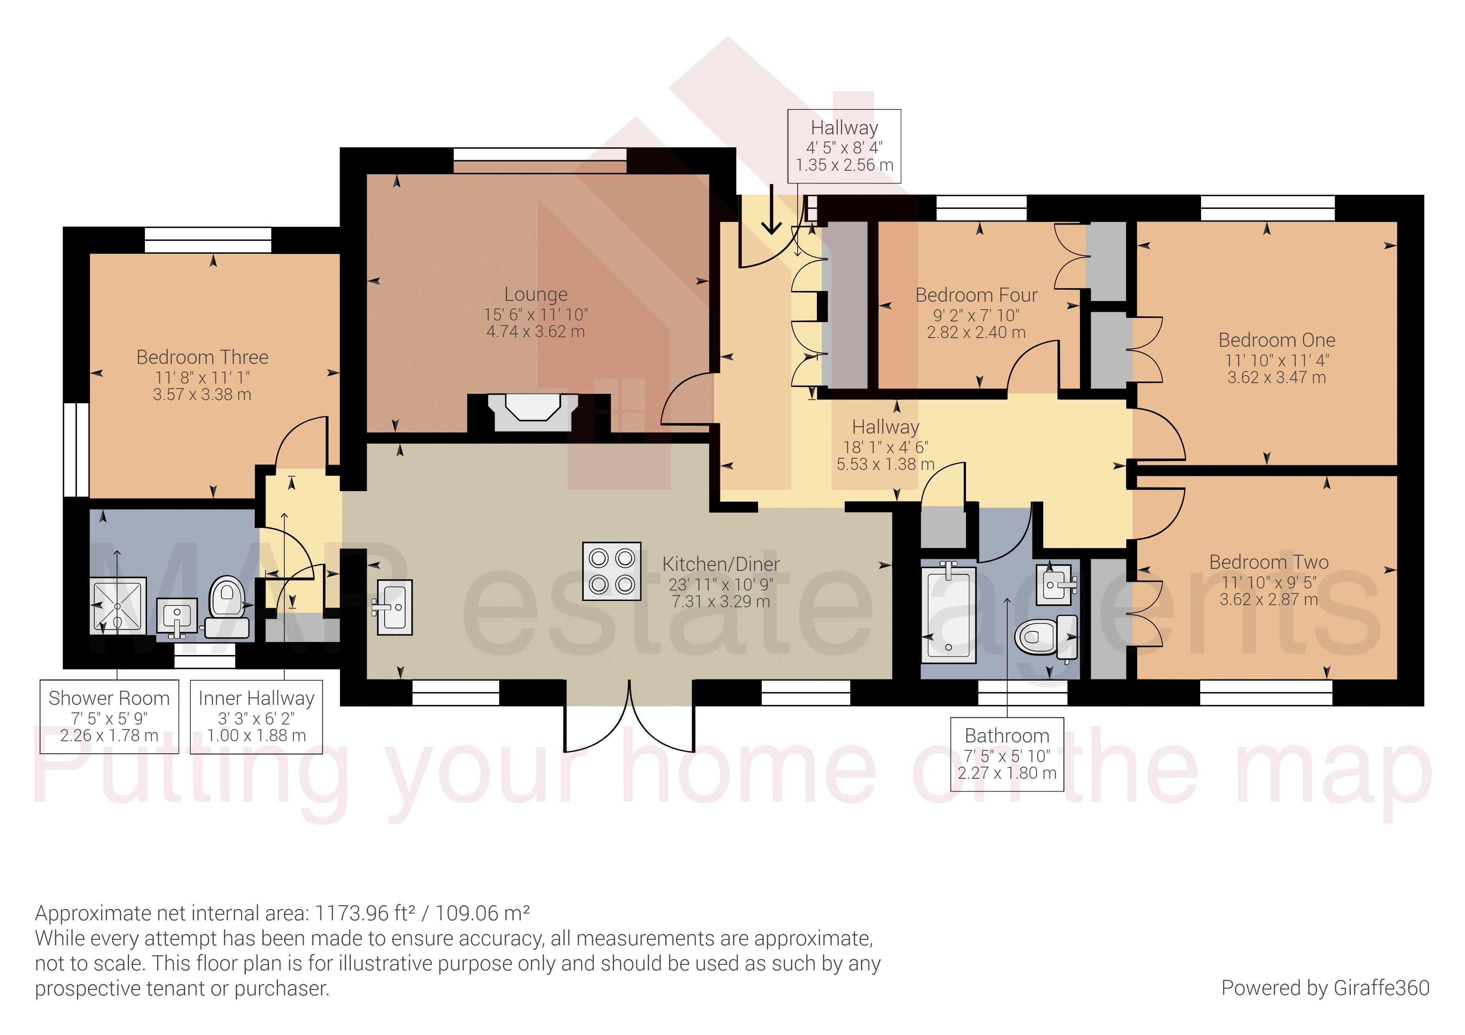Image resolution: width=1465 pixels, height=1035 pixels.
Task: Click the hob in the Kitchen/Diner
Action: coord(611,571)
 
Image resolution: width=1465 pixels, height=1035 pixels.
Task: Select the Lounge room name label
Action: coord(535,295)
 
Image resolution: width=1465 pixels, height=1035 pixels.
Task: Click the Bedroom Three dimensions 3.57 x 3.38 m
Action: coord(202,395)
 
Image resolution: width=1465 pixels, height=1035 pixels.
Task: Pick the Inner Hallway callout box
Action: coord(256,717)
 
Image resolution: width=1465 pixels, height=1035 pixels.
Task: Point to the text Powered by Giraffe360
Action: coord(1325,988)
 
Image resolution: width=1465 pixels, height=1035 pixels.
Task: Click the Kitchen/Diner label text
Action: coord(720,564)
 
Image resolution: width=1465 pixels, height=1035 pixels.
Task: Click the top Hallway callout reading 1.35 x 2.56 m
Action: coord(844,164)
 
